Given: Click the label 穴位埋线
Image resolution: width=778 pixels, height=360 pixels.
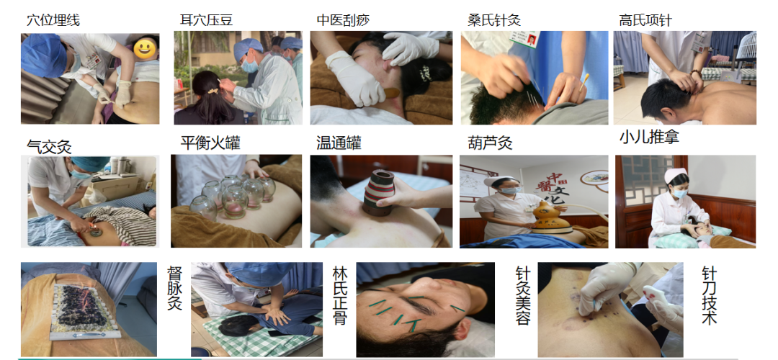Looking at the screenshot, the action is (x=53, y=20).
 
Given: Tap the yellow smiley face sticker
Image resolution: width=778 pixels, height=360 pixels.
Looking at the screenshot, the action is (x=146, y=48).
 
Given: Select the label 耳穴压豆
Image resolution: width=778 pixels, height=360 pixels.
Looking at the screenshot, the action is (x=206, y=20).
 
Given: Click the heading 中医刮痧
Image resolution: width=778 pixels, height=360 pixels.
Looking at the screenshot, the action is (x=344, y=20).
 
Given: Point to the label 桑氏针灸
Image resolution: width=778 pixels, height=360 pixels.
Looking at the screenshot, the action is (x=494, y=20).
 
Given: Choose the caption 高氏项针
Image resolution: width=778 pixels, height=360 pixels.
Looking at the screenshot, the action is (x=645, y=20).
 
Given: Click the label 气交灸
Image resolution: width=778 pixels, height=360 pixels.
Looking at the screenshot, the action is (x=49, y=147).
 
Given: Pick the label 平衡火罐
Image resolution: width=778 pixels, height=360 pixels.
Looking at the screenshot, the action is (x=210, y=143).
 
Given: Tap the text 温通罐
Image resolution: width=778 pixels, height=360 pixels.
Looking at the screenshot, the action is (x=339, y=143).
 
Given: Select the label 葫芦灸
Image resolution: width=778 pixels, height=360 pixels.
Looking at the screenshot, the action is (x=491, y=143).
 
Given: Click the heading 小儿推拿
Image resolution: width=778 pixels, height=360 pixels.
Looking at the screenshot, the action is (x=649, y=138).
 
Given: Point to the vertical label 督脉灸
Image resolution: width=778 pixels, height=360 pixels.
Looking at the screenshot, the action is (x=174, y=288).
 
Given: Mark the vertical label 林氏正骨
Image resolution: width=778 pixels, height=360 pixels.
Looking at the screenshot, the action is (x=340, y=295).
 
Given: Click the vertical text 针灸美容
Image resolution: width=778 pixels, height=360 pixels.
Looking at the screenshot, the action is (x=523, y=295).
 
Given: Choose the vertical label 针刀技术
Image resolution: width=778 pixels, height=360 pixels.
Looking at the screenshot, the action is (x=710, y=295).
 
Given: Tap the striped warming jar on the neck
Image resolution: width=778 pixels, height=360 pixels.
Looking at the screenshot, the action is (x=378, y=192).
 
